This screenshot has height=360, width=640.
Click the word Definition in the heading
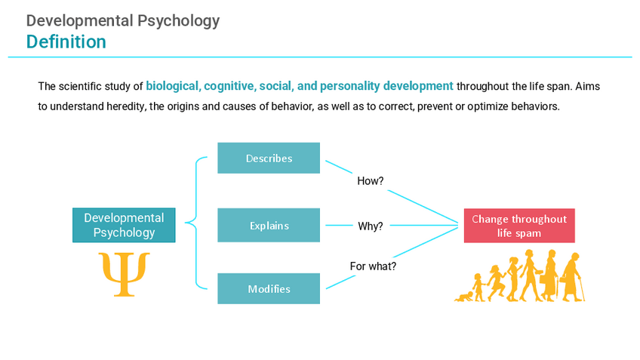[66, 42]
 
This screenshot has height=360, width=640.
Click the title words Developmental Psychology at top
[123, 20]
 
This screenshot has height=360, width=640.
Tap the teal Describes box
[269, 158]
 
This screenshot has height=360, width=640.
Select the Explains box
[269, 226]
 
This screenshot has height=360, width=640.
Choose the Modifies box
[269, 289]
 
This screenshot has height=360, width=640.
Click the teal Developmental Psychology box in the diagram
[124, 225]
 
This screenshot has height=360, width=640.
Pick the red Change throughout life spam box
[519, 226]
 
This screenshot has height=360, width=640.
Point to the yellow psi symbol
[125, 274]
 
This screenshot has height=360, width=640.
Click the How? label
[371, 181]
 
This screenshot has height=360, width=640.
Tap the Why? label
[370, 226]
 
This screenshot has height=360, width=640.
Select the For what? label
[373, 266]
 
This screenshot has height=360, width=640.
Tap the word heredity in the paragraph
[125, 106]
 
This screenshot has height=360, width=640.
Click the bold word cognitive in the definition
[229, 86]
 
